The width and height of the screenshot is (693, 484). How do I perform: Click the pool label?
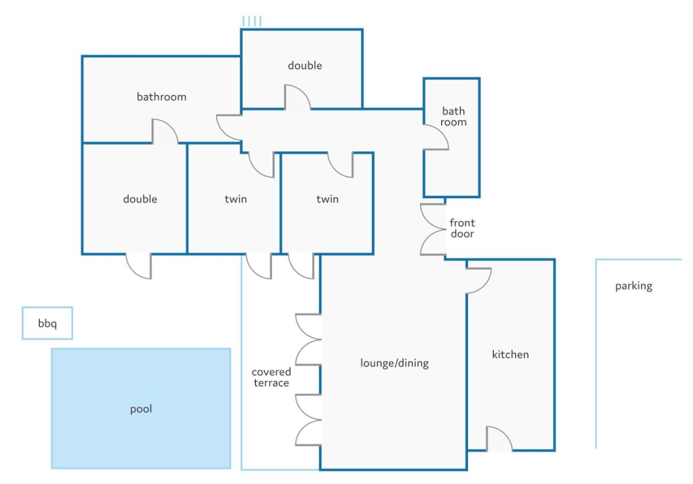(x=141, y=409)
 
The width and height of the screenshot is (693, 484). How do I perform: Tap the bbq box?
(x=48, y=323)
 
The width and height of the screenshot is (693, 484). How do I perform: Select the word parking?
(x=634, y=286)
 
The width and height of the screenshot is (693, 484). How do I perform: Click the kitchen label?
(x=510, y=354)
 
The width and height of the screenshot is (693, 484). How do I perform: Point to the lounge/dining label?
(x=395, y=363)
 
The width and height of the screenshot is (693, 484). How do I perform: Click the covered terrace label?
(x=272, y=378)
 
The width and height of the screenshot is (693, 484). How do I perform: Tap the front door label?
(x=462, y=228)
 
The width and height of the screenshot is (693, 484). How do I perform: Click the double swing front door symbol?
(x=433, y=229)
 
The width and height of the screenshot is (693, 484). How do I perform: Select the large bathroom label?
(x=161, y=97)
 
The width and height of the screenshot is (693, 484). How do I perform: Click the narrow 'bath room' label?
(x=454, y=117)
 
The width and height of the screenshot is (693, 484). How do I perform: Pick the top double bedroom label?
(x=305, y=66)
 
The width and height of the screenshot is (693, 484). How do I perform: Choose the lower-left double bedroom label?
(x=140, y=199)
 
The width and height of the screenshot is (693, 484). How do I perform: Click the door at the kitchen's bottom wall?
(x=499, y=439)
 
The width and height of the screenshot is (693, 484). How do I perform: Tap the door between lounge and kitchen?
(x=478, y=280)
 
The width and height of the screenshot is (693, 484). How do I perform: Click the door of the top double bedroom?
(x=297, y=97)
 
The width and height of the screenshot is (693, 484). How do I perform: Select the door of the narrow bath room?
(x=436, y=137)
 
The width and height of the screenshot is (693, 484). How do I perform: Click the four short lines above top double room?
(x=252, y=21)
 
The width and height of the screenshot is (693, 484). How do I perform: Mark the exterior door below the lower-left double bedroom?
(x=139, y=266)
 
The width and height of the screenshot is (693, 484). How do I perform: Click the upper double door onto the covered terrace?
(x=308, y=340)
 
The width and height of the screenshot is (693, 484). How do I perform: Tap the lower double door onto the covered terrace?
(x=308, y=420)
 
